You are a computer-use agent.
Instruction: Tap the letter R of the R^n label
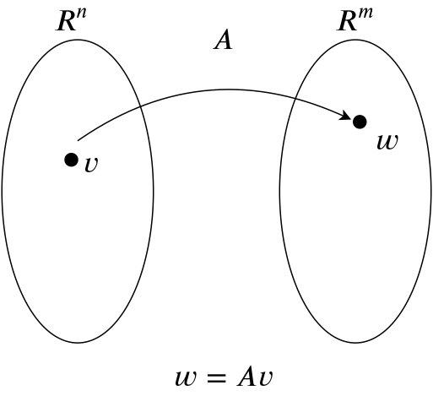click(66, 22)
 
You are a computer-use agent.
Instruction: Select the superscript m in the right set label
click(365, 14)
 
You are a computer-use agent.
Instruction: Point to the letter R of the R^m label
click(348, 22)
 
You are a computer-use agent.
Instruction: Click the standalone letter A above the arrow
click(223, 41)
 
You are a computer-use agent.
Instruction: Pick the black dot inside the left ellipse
click(71, 160)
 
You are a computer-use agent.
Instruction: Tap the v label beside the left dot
click(91, 164)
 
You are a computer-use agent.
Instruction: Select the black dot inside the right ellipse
click(360, 122)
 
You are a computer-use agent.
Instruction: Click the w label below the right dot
click(387, 142)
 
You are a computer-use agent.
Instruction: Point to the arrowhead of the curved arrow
click(347, 116)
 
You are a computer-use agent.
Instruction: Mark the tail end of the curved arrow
click(78, 140)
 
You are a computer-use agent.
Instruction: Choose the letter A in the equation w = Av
click(247, 377)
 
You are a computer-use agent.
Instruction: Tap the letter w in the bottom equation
click(186, 378)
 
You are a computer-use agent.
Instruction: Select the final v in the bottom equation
click(266, 378)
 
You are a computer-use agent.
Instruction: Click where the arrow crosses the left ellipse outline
click(140, 106)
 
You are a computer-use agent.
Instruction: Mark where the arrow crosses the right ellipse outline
click(295, 98)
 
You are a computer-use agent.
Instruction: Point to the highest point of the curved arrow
click(228, 90)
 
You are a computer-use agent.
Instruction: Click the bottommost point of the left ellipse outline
click(78, 343)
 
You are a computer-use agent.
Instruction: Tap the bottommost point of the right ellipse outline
click(355, 343)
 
